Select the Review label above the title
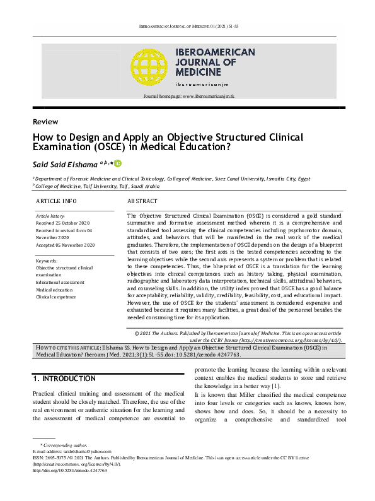[45, 122]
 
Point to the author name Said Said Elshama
[69, 163]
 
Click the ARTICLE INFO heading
[56, 201]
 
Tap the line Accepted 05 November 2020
[66, 245]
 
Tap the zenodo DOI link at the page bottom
[69, 471]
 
